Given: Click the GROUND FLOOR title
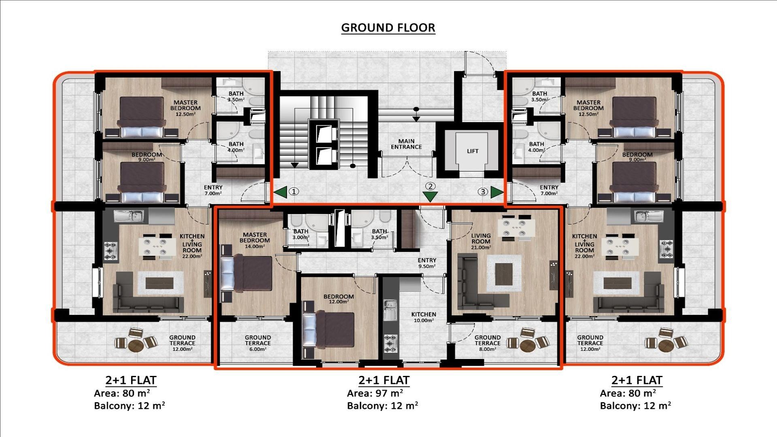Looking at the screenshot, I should [388, 28].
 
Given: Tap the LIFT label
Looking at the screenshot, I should [472, 151].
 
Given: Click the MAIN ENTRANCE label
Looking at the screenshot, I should [406, 144].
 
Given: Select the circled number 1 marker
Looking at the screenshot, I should [294, 191].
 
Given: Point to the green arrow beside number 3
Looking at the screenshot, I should [497, 192].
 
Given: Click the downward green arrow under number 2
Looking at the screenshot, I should [430, 197].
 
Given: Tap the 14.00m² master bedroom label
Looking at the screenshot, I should [255, 240].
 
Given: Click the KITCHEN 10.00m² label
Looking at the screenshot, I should [424, 317].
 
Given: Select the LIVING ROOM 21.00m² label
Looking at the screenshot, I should [481, 241].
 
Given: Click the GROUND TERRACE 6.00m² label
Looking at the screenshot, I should [257, 343].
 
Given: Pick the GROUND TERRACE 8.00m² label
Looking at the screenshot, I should [487, 343].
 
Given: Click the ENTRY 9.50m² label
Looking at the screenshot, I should [427, 263].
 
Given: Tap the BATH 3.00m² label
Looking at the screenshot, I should [300, 234].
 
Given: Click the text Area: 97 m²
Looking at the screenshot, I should [375, 393].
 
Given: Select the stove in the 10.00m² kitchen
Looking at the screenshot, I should [390, 342].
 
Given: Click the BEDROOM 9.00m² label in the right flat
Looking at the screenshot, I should [637, 157].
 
